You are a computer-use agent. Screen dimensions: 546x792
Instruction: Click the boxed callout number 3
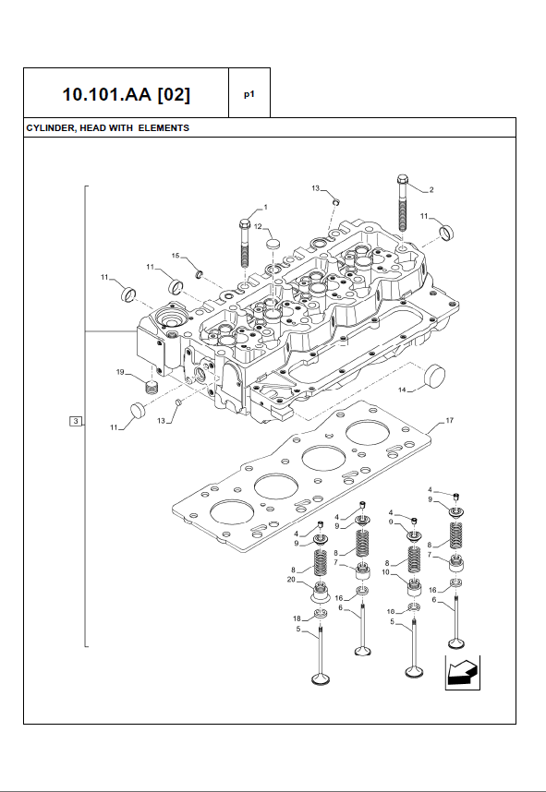pyautogui.click(x=76, y=421)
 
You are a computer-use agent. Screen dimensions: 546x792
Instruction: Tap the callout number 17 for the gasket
pyautogui.click(x=449, y=420)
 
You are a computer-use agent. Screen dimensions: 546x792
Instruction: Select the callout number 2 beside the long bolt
pyautogui.click(x=431, y=190)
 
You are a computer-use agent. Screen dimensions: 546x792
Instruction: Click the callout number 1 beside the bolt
pyautogui.click(x=266, y=207)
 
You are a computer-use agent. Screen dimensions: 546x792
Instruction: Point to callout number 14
pyautogui.click(x=403, y=390)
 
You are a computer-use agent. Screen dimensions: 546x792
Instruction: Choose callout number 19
pyautogui.click(x=120, y=372)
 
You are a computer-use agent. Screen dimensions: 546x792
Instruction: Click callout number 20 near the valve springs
pyautogui.click(x=291, y=580)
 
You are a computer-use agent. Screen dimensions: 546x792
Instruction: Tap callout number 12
pyautogui.click(x=258, y=227)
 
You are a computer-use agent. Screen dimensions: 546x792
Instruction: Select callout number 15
pyautogui.click(x=176, y=256)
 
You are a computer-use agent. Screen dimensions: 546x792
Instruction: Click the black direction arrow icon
pyautogui.click(x=463, y=673)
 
